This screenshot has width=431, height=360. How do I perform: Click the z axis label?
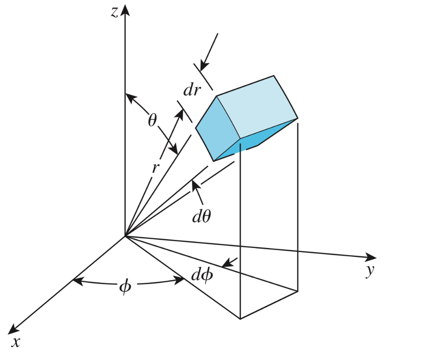point(114,12)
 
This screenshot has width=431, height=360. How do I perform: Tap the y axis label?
point(370,271)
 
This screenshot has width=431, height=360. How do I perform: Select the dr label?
point(192,89)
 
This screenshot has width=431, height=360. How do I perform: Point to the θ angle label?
point(152,120)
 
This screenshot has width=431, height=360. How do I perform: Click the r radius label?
point(156,168)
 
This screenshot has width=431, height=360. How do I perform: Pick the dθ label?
point(201,216)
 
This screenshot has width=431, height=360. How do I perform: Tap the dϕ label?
point(202,274)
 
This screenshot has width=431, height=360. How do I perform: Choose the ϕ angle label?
point(125,287)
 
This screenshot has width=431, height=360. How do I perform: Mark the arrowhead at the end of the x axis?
point(13,329)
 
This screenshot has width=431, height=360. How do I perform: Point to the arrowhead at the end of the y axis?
point(371,257)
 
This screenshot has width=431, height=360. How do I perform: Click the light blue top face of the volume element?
point(257,107)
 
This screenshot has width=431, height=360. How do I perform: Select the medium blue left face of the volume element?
point(218,128)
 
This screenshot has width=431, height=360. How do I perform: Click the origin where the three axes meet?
point(125,236)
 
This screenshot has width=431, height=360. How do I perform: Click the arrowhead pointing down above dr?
point(204,67)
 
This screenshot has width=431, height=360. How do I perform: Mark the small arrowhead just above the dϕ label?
point(226,264)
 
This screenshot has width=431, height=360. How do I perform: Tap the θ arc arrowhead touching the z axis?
point(130,98)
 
